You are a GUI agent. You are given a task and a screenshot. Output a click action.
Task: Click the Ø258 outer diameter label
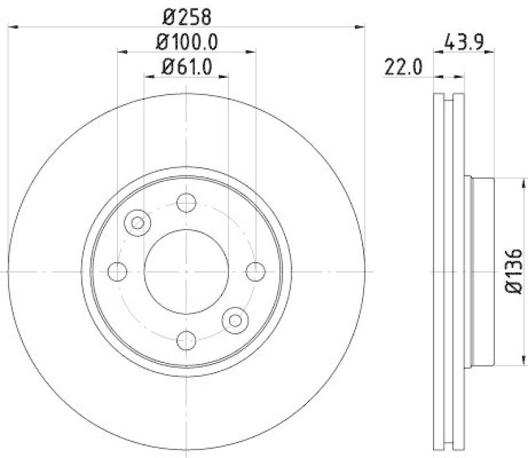[x=187, y=15]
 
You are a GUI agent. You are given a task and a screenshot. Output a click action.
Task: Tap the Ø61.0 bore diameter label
[x=187, y=67]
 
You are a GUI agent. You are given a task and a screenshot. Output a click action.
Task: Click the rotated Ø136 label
[x=513, y=271]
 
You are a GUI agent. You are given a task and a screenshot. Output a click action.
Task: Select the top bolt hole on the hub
[x=187, y=203]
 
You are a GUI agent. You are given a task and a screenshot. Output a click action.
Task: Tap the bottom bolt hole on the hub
[x=187, y=340]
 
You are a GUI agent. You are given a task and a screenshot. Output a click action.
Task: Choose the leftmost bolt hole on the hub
[x=117, y=271]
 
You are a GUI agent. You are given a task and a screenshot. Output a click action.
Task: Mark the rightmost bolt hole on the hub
[x=255, y=271]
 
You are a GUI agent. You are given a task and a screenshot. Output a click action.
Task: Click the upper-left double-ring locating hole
[x=138, y=222]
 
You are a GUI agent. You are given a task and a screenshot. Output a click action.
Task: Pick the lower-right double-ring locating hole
[x=235, y=320]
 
